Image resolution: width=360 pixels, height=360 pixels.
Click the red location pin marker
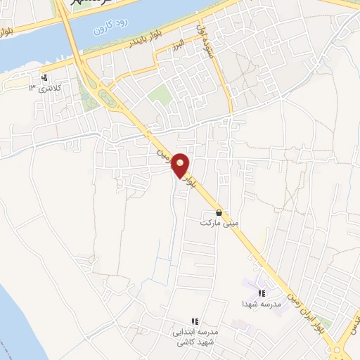pyautogui.click(x=181, y=165)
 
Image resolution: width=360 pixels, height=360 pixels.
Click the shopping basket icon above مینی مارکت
pyautogui.click(x=219, y=212)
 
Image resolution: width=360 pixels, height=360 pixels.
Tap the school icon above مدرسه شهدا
pyautogui.click(x=261, y=293)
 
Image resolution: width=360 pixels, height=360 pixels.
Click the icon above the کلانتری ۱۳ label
pyautogui.click(x=45, y=77)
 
